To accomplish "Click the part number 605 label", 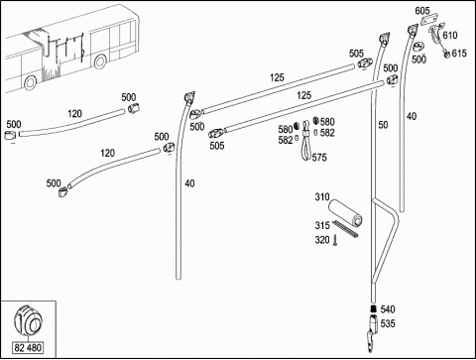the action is [422, 11].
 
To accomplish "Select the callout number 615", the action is [459, 54].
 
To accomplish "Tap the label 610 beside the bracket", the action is [450, 35].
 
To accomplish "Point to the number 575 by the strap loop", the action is [319, 158].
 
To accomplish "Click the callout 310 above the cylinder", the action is [322, 197].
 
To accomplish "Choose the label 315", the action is [322, 225].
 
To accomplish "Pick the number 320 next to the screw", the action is [322, 240].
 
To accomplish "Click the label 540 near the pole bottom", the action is [388, 309].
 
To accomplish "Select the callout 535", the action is [388, 323].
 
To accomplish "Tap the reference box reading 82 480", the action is [28, 348].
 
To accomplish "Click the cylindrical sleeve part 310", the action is [345, 212].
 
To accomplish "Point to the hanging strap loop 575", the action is [306, 141].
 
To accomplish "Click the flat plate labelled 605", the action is [428, 19].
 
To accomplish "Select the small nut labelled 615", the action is [446, 54].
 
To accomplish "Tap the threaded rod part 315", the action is [345, 229].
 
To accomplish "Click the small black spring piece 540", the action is [373, 309].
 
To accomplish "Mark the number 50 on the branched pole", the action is [383, 125].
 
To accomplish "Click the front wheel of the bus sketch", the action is [30, 82].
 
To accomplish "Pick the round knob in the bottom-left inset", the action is [28, 321].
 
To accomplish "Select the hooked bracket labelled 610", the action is [436, 34].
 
